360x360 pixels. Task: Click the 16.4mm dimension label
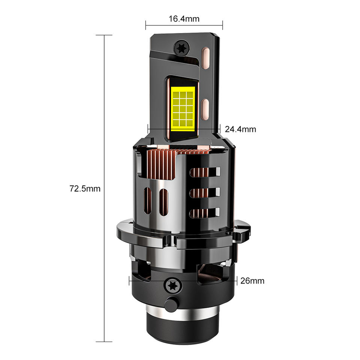point(184,19)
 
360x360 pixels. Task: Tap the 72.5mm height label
point(85,189)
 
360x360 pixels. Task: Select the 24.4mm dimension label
point(240,129)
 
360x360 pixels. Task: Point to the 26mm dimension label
point(252,281)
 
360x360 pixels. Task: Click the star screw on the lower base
point(172,286)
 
